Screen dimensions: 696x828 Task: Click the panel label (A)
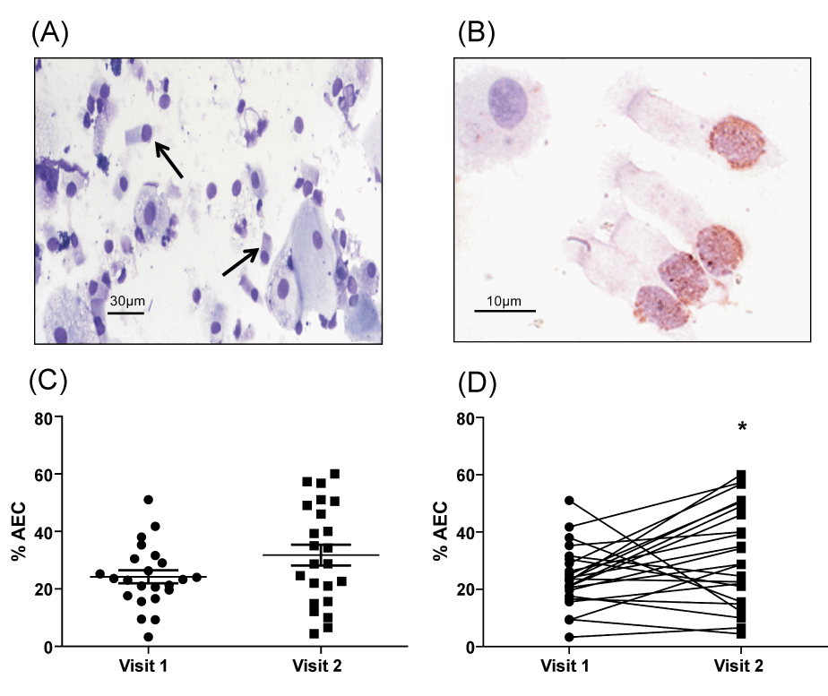(x=49, y=33)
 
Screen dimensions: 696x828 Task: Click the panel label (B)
(x=476, y=33)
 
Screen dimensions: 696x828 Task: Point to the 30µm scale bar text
(x=127, y=301)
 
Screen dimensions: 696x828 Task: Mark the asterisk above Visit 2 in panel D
(x=742, y=427)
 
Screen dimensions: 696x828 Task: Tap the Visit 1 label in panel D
(x=569, y=666)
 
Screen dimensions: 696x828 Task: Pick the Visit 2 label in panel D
(x=741, y=666)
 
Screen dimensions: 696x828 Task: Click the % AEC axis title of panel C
(x=19, y=532)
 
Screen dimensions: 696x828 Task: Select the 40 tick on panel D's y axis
(x=469, y=532)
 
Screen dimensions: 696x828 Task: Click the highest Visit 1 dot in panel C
(x=148, y=500)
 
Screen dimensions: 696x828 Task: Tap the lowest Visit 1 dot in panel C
(x=148, y=637)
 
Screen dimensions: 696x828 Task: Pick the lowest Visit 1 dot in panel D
(x=569, y=637)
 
